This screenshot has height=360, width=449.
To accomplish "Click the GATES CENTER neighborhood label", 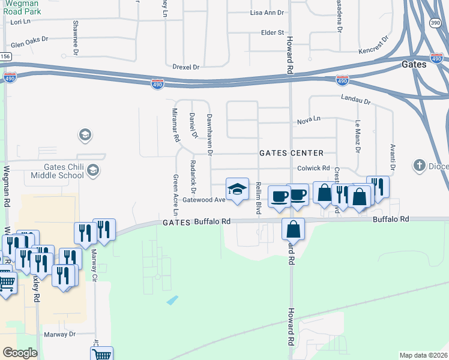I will coord(291,153).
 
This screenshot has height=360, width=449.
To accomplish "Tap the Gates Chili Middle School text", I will coord(55,171).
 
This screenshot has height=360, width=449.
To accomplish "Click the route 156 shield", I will coord(5,56).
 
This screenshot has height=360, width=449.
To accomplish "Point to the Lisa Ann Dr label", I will coord(267,13).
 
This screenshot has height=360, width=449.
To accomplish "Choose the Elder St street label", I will coord(272,32).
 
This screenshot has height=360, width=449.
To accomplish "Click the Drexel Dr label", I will coord(185,67).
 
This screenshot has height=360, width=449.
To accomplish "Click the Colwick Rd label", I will coord(314,169).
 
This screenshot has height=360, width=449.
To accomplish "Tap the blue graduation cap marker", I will coord(237,190).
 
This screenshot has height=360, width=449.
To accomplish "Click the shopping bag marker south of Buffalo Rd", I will coord(293,229).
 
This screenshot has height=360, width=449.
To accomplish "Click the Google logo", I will coord(19,353).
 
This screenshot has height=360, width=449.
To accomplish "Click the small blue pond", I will coord(172,299).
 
